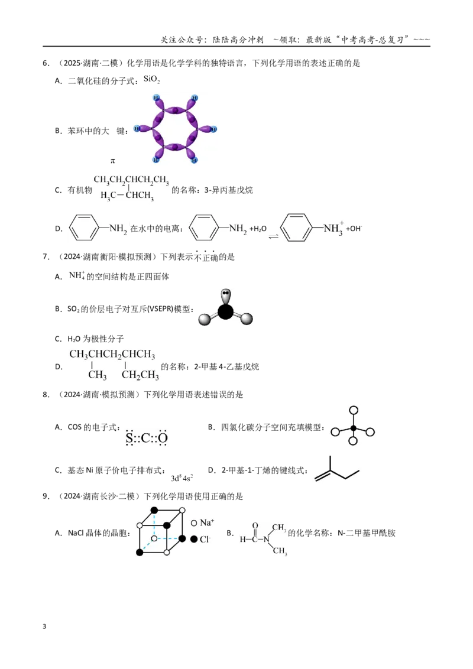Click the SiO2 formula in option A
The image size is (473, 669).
(x=151, y=79)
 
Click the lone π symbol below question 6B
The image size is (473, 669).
(x=113, y=161)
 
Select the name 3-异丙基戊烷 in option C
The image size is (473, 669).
(x=228, y=190)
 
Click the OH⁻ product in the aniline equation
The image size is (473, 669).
(x=354, y=228)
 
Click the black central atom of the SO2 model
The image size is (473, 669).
(x=226, y=311)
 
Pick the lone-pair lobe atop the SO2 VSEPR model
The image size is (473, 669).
(x=225, y=295)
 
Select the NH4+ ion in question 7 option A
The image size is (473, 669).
(x=77, y=275)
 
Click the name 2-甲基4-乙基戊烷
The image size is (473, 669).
(x=226, y=366)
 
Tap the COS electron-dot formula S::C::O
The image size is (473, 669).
(x=147, y=437)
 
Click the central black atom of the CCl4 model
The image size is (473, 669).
(x=353, y=428)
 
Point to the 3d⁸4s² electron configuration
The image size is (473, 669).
(x=182, y=478)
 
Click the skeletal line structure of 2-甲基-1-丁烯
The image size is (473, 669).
(x=337, y=469)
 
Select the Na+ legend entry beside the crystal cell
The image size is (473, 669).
(x=202, y=522)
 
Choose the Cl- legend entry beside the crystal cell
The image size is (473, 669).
(x=200, y=540)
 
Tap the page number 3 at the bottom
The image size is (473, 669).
(x=44, y=626)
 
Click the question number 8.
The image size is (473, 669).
(x=46, y=395)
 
